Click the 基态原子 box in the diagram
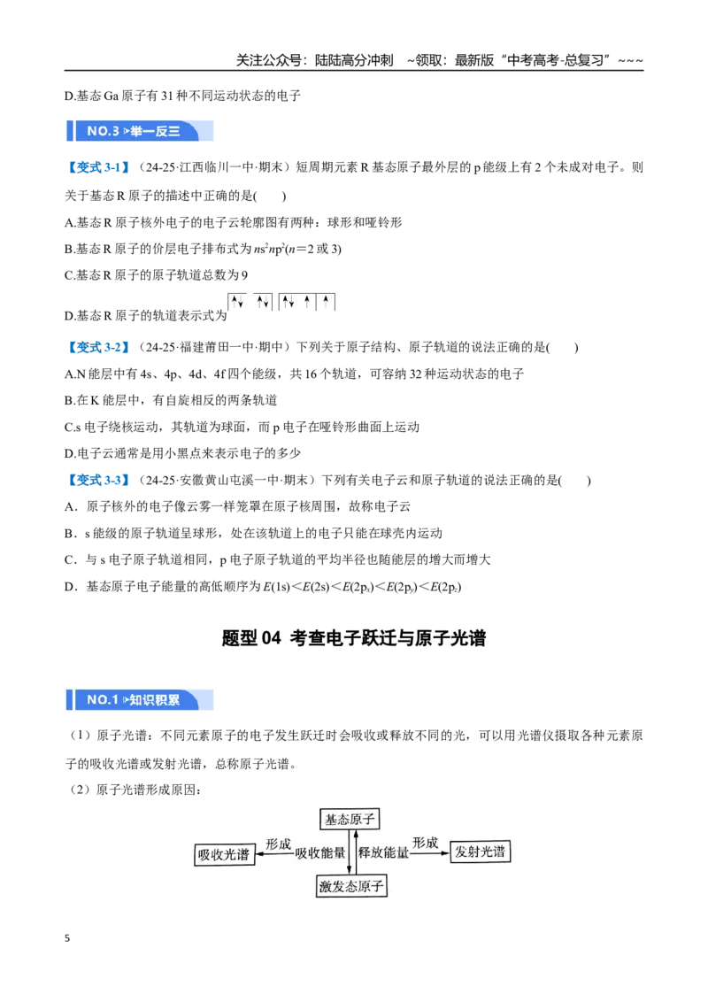pyautogui.click(x=350, y=820)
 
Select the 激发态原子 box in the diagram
pyautogui.click(x=351, y=886)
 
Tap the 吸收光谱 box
pyautogui.click(x=224, y=855)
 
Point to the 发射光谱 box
pyautogui.click(x=480, y=852)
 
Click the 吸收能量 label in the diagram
pyautogui.click(x=320, y=853)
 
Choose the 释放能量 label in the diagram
pyautogui.click(x=383, y=852)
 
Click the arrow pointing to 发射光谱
pyautogui.click(x=429, y=853)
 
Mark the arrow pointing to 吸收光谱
pyautogui.click(x=274, y=854)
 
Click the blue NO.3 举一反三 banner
pyautogui.click(x=140, y=131)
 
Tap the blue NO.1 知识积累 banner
pyautogui.click(x=140, y=700)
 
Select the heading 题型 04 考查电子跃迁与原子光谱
pyautogui.click(x=354, y=637)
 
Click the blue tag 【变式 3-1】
pyautogui.click(x=98, y=167)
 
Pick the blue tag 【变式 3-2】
pyautogui.click(x=98, y=348)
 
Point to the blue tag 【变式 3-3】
pyautogui.click(x=98, y=480)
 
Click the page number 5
pyautogui.click(x=67, y=938)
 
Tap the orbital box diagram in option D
pyautogui.click(x=281, y=302)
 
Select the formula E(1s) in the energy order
pyautogui.click(x=277, y=587)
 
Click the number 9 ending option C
pyautogui.click(x=244, y=275)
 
